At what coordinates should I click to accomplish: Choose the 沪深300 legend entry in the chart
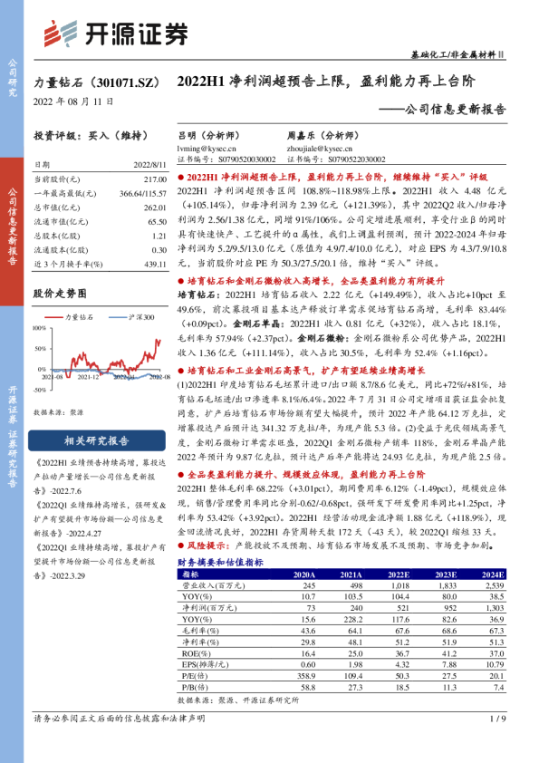135,317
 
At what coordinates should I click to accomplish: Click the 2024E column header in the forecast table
494,575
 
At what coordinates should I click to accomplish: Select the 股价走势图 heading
60,294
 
